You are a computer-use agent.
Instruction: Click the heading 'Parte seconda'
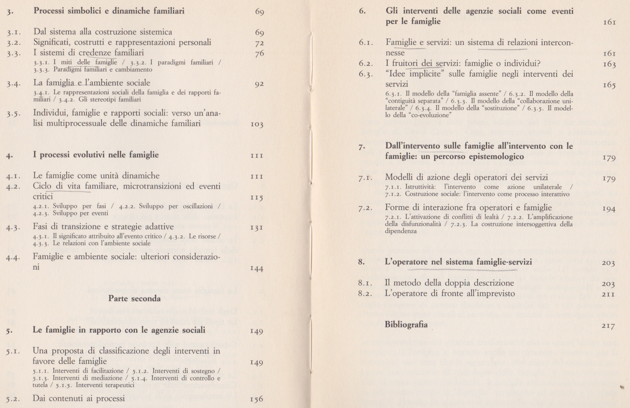tap(134, 298)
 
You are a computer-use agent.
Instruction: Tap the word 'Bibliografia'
tap(406, 325)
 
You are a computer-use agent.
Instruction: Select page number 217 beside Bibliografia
tap(608, 326)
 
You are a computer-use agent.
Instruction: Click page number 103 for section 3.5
tap(256, 124)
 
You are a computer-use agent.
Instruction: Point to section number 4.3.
tap(13, 227)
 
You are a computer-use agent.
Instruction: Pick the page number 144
tap(256, 269)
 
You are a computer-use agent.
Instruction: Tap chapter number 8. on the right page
tap(361, 262)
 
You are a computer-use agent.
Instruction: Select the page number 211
tap(608, 294)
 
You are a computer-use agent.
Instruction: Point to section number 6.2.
tap(366, 64)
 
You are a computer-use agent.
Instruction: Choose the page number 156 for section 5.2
tap(256, 400)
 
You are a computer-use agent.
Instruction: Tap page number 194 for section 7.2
tap(608, 209)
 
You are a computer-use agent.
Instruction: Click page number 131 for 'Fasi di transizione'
tap(256, 228)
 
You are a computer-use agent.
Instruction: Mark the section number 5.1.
tap(13, 351)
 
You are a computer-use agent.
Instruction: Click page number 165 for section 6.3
tap(609, 85)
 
